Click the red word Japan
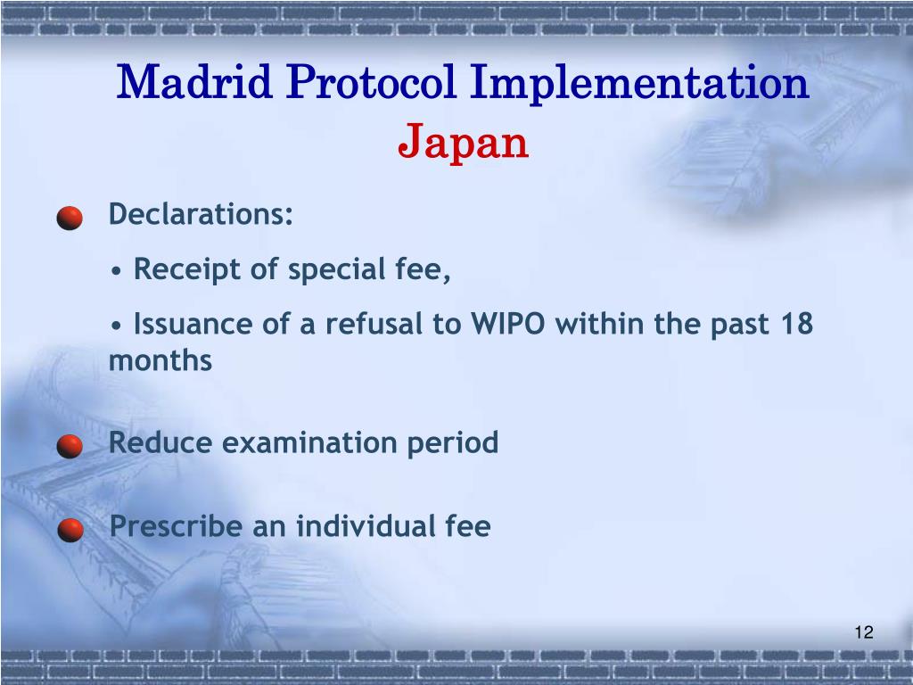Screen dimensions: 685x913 (463, 143)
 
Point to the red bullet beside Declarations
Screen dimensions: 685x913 (70, 219)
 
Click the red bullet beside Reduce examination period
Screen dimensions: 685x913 (70, 446)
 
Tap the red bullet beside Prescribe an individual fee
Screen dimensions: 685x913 (70, 531)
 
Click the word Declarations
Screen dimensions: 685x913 (201, 215)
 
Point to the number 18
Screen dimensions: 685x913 (795, 324)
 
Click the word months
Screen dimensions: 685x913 (160, 361)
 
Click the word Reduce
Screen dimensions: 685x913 (160, 442)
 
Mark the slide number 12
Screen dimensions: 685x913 (862, 632)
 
